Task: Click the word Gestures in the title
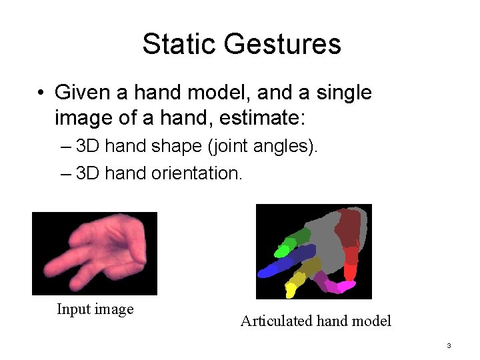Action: [x=283, y=45]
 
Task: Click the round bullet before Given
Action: [x=41, y=93]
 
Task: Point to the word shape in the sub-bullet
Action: [x=184, y=145]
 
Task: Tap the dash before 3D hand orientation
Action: [x=65, y=173]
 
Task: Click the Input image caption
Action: [x=95, y=309]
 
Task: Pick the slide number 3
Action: [x=449, y=345]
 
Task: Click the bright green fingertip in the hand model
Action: [x=281, y=251]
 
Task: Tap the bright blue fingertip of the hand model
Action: [x=267, y=271]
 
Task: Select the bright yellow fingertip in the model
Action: [x=291, y=291]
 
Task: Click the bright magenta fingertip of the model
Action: [x=345, y=287]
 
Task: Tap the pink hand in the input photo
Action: [x=100, y=250]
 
